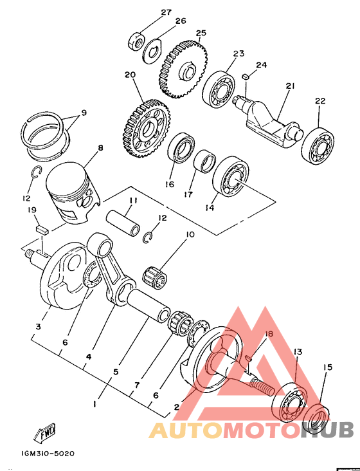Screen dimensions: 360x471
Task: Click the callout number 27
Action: (x=166, y=12)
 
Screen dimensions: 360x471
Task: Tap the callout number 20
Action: (x=130, y=75)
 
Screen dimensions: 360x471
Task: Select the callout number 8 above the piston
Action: (x=100, y=148)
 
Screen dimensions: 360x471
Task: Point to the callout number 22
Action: (x=320, y=100)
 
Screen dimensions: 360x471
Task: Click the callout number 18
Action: (x=269, y=334)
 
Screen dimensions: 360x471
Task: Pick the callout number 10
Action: (x=190, y=234)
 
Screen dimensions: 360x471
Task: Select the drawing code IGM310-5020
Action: (x=48, y=453)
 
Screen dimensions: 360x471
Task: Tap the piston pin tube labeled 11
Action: (x=123, y=223)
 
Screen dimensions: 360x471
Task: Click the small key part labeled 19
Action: (x=41, y=230)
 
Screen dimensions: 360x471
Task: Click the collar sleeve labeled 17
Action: (x=204, y=162)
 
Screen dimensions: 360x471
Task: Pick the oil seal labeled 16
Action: (x=181, y=148)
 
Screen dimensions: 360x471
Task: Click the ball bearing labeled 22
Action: (x=318, y=146)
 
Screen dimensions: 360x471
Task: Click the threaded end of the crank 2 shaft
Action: (x=262, y=387)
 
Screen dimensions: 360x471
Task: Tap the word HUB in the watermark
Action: (x=327, y=430)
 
